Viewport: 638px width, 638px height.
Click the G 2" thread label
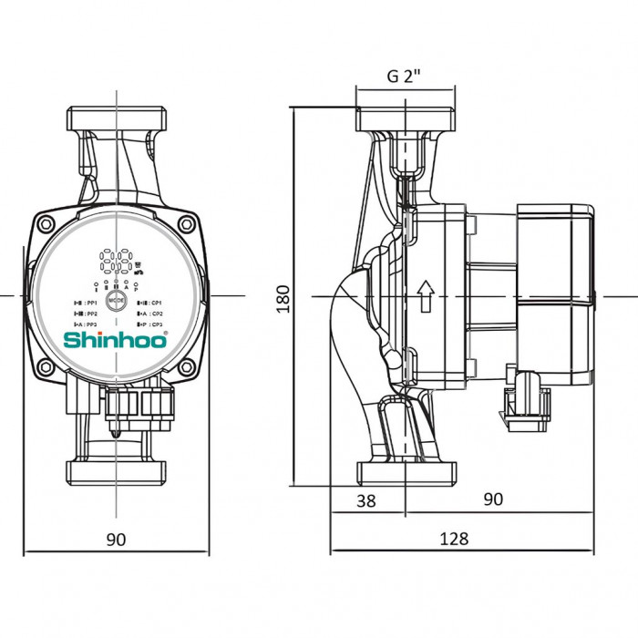(405, 77)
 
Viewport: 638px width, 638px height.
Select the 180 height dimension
(283, 296)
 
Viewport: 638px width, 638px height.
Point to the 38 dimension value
(365, 499)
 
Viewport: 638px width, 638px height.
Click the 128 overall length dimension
(453, 539)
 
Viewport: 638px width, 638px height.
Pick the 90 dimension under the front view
(116, 539)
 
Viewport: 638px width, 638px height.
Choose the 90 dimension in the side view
(492, 499)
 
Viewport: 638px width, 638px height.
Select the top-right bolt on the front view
(186, 224)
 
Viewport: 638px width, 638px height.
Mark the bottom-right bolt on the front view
(186, 367)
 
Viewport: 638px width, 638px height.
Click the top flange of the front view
(117, 119)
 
